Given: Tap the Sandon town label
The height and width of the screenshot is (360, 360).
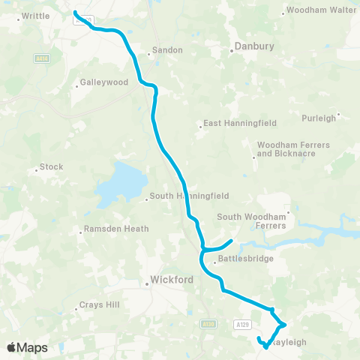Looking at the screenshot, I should [166, 50].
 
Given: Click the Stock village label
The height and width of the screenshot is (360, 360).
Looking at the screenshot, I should [51, 167].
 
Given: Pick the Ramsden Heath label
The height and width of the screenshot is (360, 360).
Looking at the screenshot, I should [115, 229].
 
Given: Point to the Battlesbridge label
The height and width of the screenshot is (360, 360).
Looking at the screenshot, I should [242, 261].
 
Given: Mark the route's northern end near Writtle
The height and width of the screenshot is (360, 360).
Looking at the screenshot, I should [75, 12].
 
